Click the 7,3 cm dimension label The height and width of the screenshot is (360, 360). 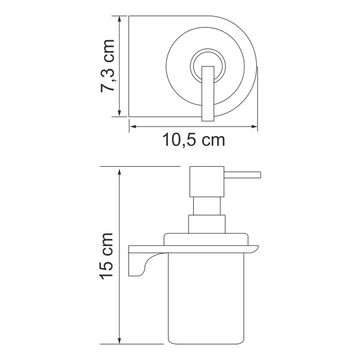pos(109,66)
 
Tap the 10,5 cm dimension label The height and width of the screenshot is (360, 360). pos(193,140)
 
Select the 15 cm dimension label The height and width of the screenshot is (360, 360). pos(109,255)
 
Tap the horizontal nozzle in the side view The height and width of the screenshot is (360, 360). pos(242,175)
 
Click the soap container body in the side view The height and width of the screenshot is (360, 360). pos(207,300)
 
